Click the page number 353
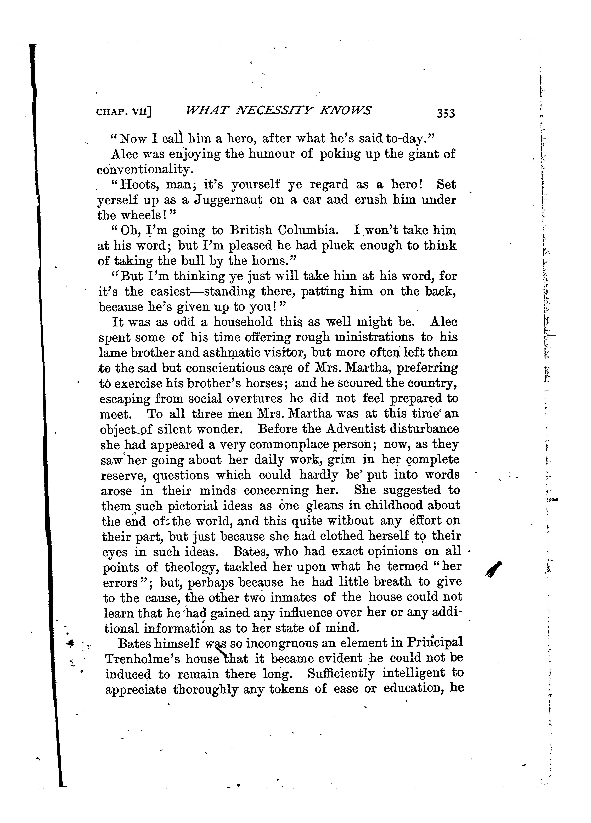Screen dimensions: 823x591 click(446, 113)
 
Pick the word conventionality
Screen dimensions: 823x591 click(143, 169)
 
